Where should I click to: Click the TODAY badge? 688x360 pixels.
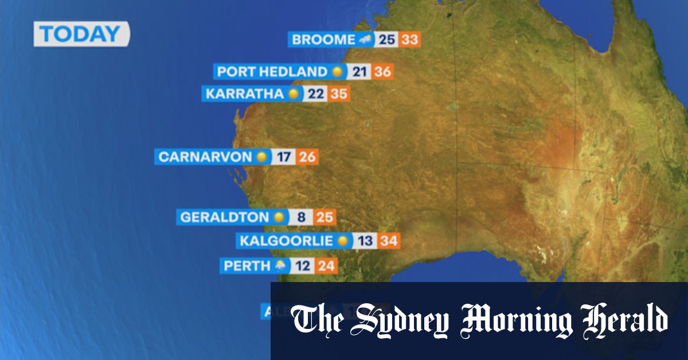tap(81, 34)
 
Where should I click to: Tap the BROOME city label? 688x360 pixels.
tap(324, 40)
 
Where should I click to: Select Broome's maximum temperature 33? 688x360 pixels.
tap(410, 40)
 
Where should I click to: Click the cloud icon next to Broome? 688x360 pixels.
tap(365, 40)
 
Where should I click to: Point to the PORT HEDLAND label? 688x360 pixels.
tap(272, 72)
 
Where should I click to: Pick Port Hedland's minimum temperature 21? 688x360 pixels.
tap(359, 72)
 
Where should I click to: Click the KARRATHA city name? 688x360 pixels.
tap(245, 93)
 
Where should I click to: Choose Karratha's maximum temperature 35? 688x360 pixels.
tap(339, 93)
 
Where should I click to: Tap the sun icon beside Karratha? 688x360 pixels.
tap(294, 93)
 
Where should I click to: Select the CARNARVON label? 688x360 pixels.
tap(205, 156)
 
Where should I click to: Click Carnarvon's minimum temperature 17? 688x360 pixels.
tap(283, 156)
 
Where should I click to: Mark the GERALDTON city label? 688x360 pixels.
tap(224, 217)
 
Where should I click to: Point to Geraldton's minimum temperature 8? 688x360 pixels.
tap(302, 217)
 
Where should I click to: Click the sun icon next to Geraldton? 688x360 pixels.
tap(279, 217)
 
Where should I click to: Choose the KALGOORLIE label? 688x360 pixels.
tap(286, 241)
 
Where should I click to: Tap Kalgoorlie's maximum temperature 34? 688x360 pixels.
tap(389, 241)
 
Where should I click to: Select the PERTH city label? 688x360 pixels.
tap(247, 266)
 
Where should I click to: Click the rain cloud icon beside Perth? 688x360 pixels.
tap(281, 266)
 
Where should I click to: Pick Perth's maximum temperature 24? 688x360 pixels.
tap(326, 266)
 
